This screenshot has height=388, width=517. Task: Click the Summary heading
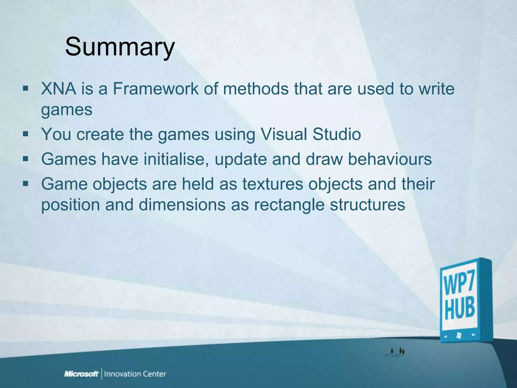[120, 47]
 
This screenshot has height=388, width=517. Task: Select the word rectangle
[289, 204]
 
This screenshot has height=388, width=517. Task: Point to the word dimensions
[182, 204]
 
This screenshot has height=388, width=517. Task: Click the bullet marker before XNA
[25, 89]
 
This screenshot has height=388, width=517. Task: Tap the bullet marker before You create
[25, 134]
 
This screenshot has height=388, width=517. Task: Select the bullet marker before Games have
[25, 159]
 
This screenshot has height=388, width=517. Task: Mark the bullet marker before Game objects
[25, 184]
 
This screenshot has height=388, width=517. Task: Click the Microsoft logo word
[81, 374]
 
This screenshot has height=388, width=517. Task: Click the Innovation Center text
[135, 374]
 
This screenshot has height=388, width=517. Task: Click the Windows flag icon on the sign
[459, 336]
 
